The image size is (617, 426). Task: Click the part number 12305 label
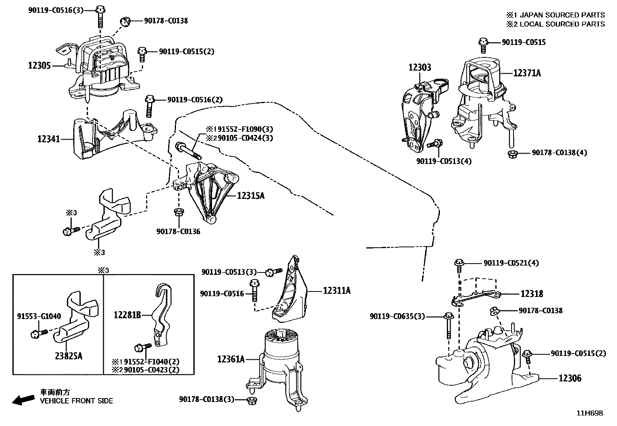[x=39, y=66]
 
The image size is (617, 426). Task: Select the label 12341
[x=49, y=138]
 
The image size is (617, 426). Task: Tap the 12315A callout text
[x=251, y=196]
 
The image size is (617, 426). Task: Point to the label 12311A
[x=336, y=290]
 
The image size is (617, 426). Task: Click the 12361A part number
[x=231, y=359]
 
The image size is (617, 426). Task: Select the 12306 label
[x=570, y=378]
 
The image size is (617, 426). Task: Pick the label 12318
[x=532, y=294]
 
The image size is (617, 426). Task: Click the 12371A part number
[x=527, y=72]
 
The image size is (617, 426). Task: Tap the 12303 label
[x=419, y=67]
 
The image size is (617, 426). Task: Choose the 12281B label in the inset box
[x=127, y=315]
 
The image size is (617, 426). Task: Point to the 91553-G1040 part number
[x=39, y=316]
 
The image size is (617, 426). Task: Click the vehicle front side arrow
[x=23, y=400]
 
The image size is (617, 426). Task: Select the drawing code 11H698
[x=590, y=413]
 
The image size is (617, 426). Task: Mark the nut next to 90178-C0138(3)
[x=251, y=400]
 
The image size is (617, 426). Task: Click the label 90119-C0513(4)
[x=444, y=161]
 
